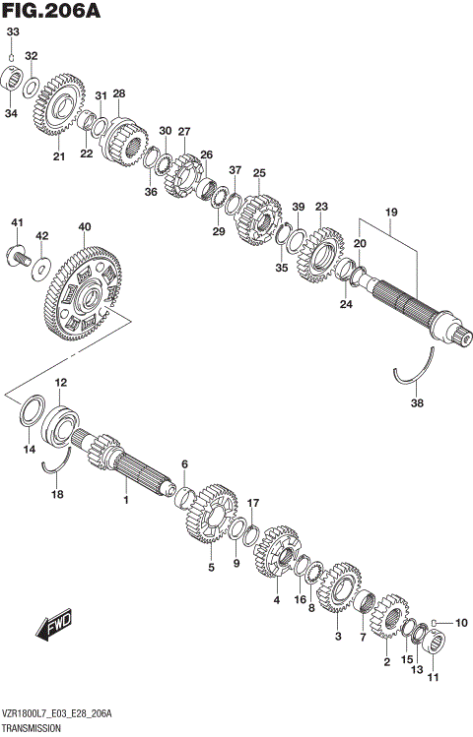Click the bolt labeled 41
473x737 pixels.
(x=19, y=258)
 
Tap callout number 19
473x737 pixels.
(x=391, y=212)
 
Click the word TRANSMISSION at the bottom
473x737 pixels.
(x=34, y=727)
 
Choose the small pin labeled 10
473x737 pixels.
(x=438, y=623)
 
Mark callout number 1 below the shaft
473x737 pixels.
(x=126, y=500)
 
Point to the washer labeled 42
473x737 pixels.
(x=42, y=267)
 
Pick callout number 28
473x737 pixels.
(x=119, y=93)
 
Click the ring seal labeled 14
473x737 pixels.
(x=31, y=412)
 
